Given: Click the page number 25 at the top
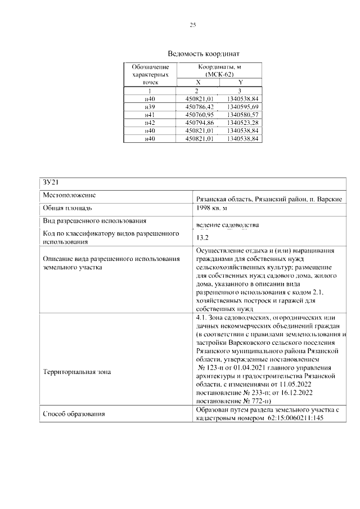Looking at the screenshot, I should coord(193,25).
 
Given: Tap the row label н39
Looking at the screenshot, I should coord(150,106).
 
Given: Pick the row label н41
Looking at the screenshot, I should coord(150,114).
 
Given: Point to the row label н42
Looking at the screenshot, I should coord(150,122).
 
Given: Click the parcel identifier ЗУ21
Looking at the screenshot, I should coord(51,183).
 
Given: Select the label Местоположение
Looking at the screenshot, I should coord(69,195).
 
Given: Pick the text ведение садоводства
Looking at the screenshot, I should coord(228,226).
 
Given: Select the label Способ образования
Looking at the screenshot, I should coord(74,414).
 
